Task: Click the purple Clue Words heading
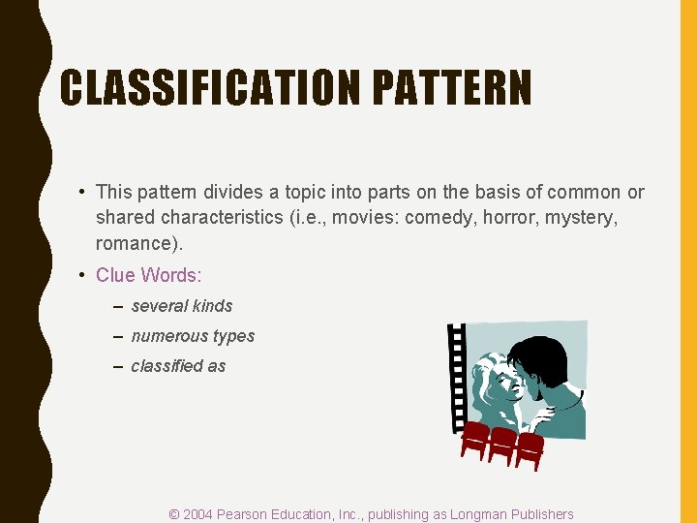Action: pyautogui.click(x=148, y=275)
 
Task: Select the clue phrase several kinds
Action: pyautogui.click(x=182, y=306)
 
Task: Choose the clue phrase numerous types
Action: pyautogui.click(x=193, y=336)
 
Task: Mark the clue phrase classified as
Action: pyautogui.click(x=178, y=366)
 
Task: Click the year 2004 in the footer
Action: pyautogui.click(x=199, y=514)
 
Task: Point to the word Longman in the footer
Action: pyautogui.click(x=474, y=514)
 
